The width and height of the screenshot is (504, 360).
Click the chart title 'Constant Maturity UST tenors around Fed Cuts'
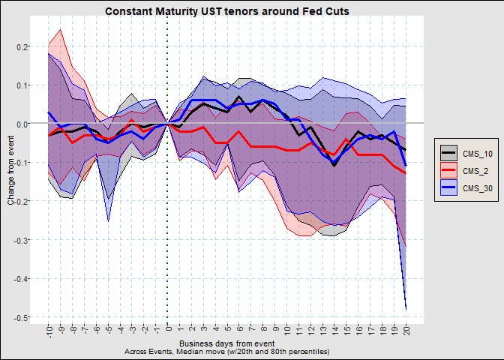226,11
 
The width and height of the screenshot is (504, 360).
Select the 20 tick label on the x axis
406,331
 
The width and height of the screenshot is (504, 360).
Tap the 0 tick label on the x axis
169,329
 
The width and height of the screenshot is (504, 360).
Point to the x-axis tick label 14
334,331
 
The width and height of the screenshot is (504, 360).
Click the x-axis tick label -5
109,331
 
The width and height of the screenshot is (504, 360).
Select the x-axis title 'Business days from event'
226,343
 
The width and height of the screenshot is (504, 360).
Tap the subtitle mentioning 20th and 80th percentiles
226,352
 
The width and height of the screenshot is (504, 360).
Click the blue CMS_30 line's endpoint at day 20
406,165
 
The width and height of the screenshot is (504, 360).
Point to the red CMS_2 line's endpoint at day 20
406,173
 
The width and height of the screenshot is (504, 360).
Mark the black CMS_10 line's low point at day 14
334,165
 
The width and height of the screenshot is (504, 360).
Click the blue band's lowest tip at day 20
406,308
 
